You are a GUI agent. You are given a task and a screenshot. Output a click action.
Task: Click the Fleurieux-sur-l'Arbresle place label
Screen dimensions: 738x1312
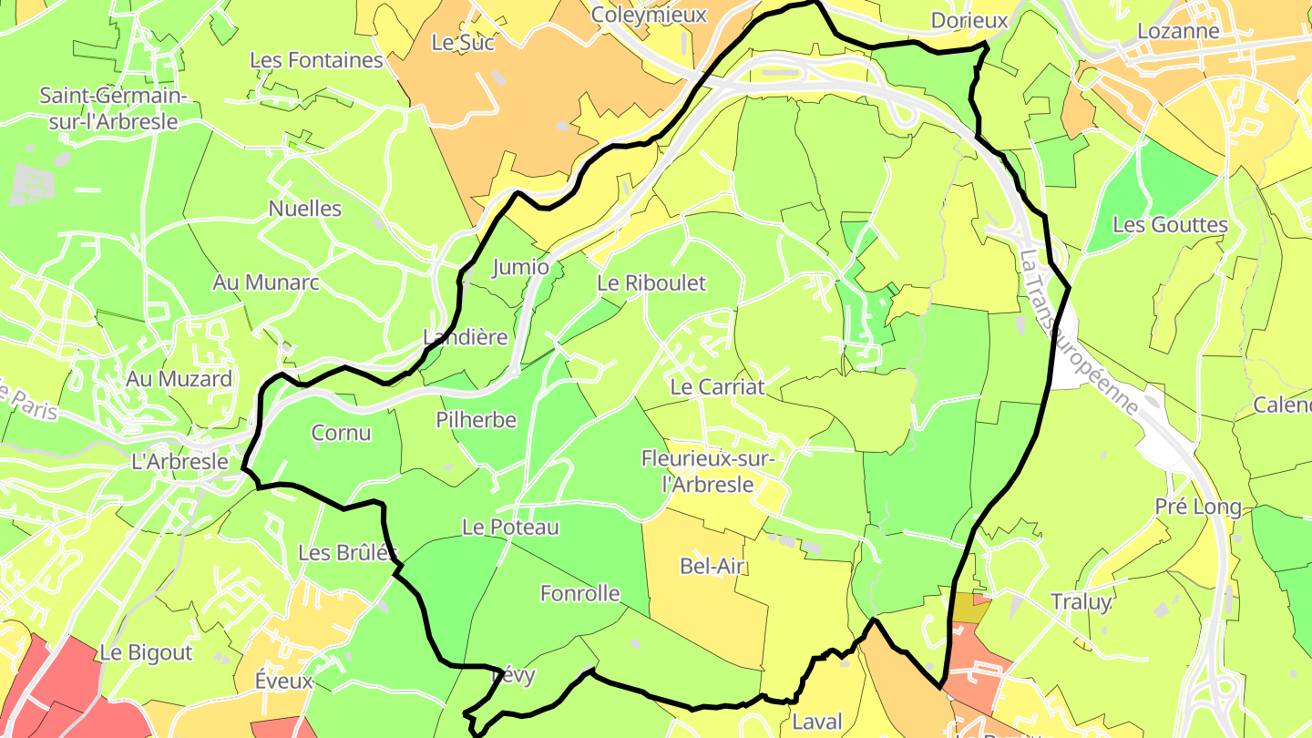point(709,471)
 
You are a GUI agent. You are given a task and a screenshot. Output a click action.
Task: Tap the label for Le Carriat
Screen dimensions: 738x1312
point(717,386)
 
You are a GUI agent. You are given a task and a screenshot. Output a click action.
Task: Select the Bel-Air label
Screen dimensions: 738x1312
point(713,567)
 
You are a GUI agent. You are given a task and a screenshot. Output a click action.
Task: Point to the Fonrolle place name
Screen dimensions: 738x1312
point(580,594)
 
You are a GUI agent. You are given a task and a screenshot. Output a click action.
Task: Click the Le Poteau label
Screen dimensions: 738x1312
point(510,527)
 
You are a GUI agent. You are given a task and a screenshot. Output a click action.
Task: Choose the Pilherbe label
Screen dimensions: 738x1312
point(476,420)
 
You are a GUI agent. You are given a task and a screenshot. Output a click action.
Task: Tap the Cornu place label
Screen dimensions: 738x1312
point(342,433)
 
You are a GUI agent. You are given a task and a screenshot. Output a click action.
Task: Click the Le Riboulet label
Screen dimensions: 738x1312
point(651,283)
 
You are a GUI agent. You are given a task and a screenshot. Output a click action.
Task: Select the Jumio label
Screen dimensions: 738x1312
point(520,267)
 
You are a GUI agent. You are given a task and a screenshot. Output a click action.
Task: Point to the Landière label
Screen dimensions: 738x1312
point(466,337)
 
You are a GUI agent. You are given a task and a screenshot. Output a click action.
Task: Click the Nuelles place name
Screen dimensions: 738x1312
point(305,209)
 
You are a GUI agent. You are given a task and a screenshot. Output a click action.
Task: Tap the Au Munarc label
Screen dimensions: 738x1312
point(266,282)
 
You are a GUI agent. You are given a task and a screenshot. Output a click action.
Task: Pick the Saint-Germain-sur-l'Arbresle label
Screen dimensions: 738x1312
point(113,108)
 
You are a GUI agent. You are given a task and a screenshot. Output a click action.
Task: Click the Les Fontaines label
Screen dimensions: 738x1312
point(316,60)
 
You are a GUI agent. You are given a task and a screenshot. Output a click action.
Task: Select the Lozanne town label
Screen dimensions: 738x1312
point(1178,31)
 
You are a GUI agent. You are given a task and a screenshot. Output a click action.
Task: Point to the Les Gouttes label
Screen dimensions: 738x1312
point(1171,225)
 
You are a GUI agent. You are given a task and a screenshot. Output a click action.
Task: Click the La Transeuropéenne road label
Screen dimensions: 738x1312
point(1080,333)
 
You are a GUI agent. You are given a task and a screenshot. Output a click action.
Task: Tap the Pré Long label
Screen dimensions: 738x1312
point(1198,507)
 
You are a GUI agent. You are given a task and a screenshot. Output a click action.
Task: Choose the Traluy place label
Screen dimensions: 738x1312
point(1081,602)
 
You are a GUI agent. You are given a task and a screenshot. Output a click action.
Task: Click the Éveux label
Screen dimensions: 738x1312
point(283,681)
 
